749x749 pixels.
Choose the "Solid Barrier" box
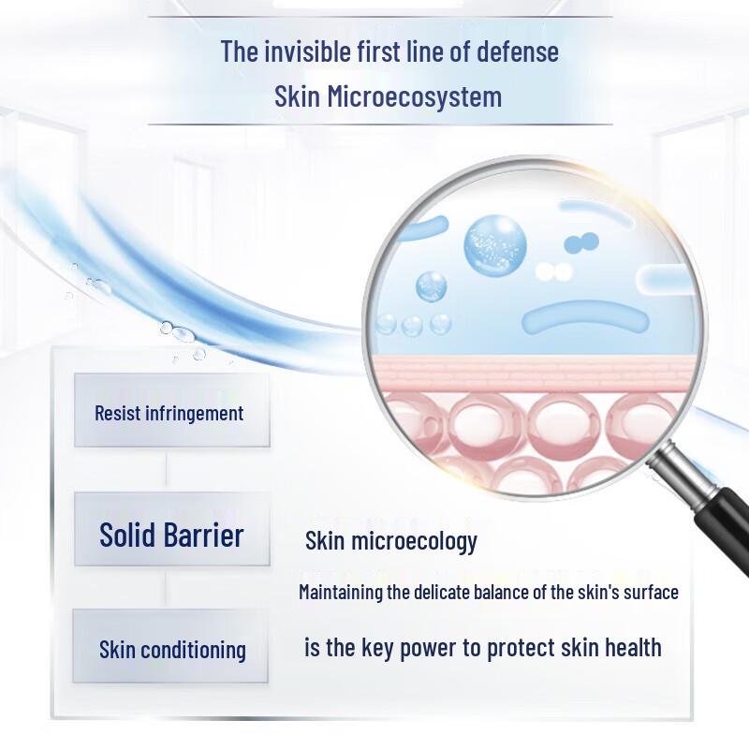pyautogui.click(x=171, y=535)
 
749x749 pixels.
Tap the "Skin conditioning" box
pyautogui.click(x=171, y=649)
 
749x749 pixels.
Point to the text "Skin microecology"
pyautogui.click(x=391, y=541)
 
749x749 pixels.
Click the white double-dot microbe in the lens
pyautogui.click(x=553, y=272)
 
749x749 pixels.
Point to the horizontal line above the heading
pyautogui.click(x=379, y=17)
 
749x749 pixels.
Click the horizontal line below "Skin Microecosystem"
pyautogui.click(x=379, y=124)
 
